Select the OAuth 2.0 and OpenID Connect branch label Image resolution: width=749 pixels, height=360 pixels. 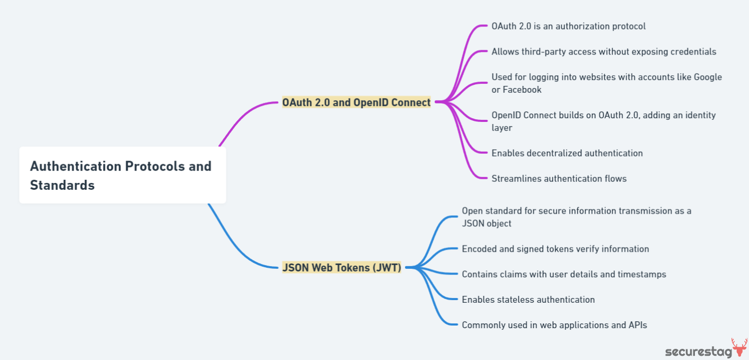[356, 102]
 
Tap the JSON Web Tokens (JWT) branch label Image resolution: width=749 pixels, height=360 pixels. [341, 268]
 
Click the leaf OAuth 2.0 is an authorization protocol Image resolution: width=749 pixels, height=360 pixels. [568, 26]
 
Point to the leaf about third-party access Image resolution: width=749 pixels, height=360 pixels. [603, 51]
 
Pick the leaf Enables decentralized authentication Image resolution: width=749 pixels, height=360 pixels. [567, 153]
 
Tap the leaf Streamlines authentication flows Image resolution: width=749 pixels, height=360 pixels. [559, 179]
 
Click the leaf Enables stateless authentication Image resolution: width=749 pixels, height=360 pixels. [528, 300]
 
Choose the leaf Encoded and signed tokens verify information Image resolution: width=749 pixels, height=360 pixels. [555, 249]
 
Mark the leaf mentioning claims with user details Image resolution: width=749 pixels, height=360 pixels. [563, 274]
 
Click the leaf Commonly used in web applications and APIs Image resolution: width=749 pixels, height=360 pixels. [554, 325]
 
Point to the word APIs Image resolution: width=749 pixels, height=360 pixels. [637, 325]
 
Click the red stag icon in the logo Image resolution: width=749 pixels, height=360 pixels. [739, 348]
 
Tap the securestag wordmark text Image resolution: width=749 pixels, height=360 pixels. [698, 352]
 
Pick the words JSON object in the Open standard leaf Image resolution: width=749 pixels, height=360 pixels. [486, 223]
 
